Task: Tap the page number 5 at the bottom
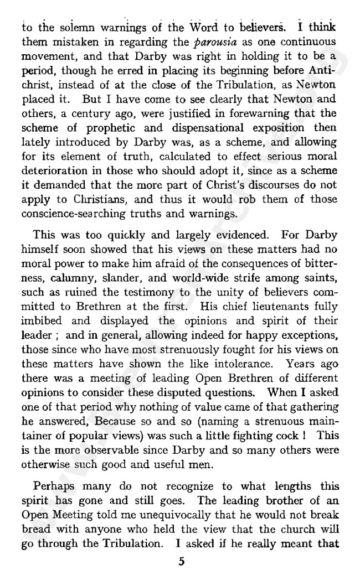[181, 562]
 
